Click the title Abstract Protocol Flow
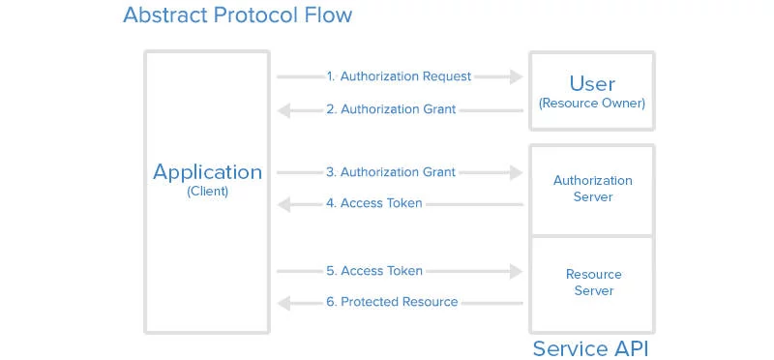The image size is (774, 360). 237,16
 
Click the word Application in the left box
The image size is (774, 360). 207,172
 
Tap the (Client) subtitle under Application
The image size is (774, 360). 207,192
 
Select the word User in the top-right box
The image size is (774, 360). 592,83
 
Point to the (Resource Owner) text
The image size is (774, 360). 592,103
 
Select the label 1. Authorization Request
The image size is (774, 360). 399,76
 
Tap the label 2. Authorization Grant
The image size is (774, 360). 391,109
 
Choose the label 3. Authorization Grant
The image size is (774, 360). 391,172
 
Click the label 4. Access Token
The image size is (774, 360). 374,204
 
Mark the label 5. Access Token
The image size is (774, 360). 374,271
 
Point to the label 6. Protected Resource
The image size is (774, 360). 392,302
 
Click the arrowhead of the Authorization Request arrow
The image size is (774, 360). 515,76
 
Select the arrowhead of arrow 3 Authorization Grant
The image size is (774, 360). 515,172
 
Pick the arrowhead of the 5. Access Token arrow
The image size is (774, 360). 515,271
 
